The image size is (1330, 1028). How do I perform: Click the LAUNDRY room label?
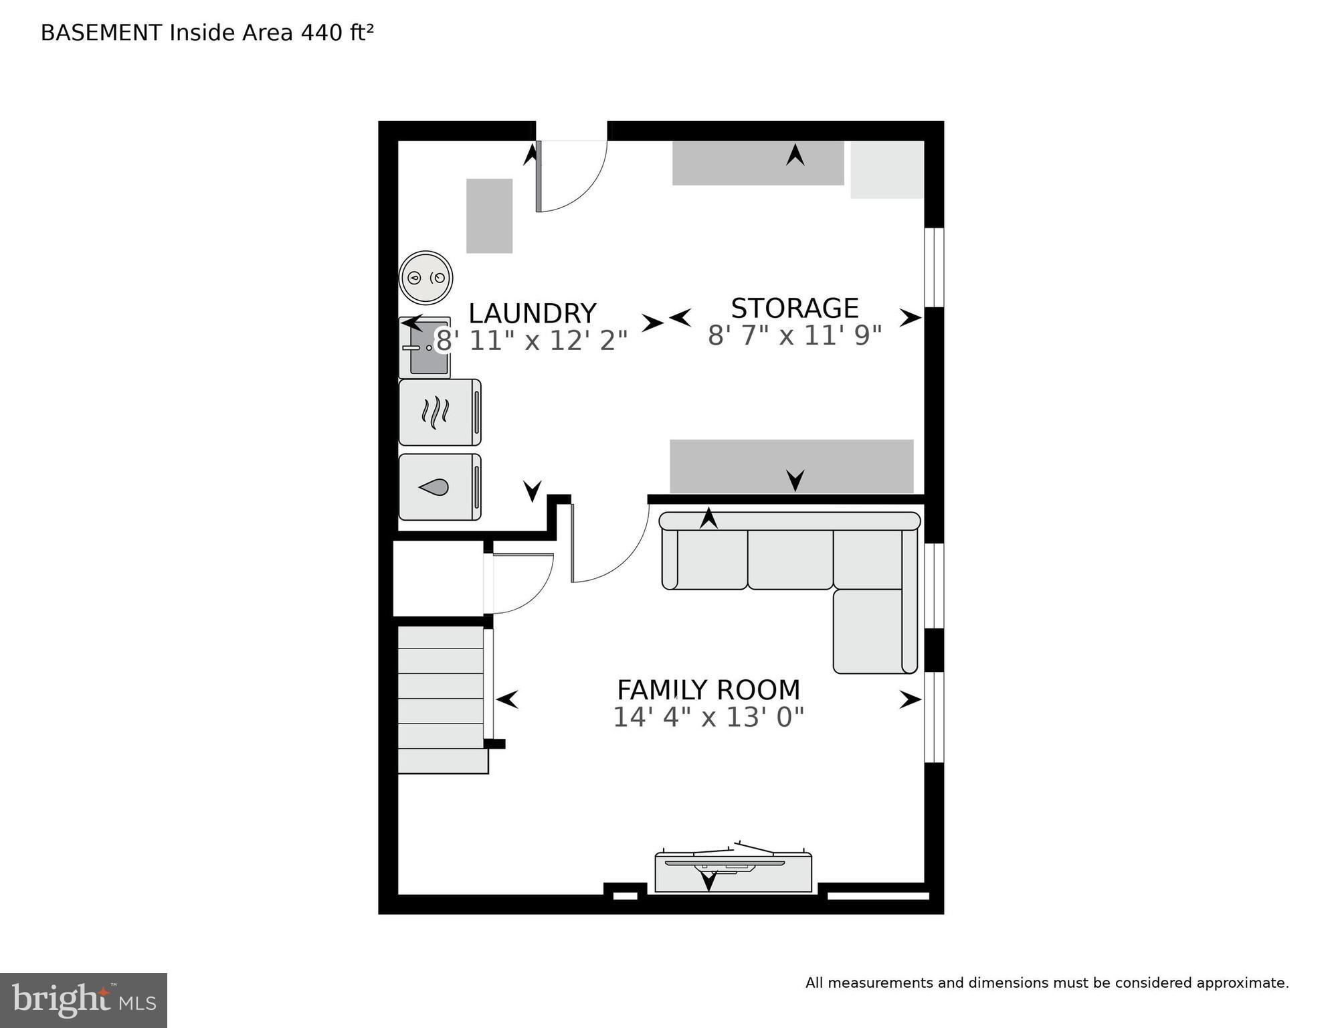(x=532, y=313)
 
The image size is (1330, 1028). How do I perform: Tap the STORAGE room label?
(x=794, y=309)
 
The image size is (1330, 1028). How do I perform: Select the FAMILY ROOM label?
(x=708, y=690)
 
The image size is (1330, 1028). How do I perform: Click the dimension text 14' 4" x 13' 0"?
(x=708, y=717)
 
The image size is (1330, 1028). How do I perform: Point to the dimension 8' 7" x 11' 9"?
(x=794, y=335)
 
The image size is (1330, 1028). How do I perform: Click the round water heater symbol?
(x=425, y=277)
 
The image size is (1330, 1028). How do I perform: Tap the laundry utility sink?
(x=425, y=348)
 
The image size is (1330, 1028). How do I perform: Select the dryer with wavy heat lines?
(x=440, y=412)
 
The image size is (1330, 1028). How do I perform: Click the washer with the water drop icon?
(x=440, y=487)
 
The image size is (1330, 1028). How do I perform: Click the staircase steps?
(x=441, y=699)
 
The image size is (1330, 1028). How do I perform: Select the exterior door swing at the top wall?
(x=570, y=175)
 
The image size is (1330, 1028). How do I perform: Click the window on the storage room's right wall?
(x=934, y=268)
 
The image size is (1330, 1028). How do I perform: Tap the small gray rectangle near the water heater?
(x=489, y=216)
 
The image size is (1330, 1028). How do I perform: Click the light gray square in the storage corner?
(x=886, y=170)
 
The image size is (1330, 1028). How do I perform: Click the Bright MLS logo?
(x=83, y=1000)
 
